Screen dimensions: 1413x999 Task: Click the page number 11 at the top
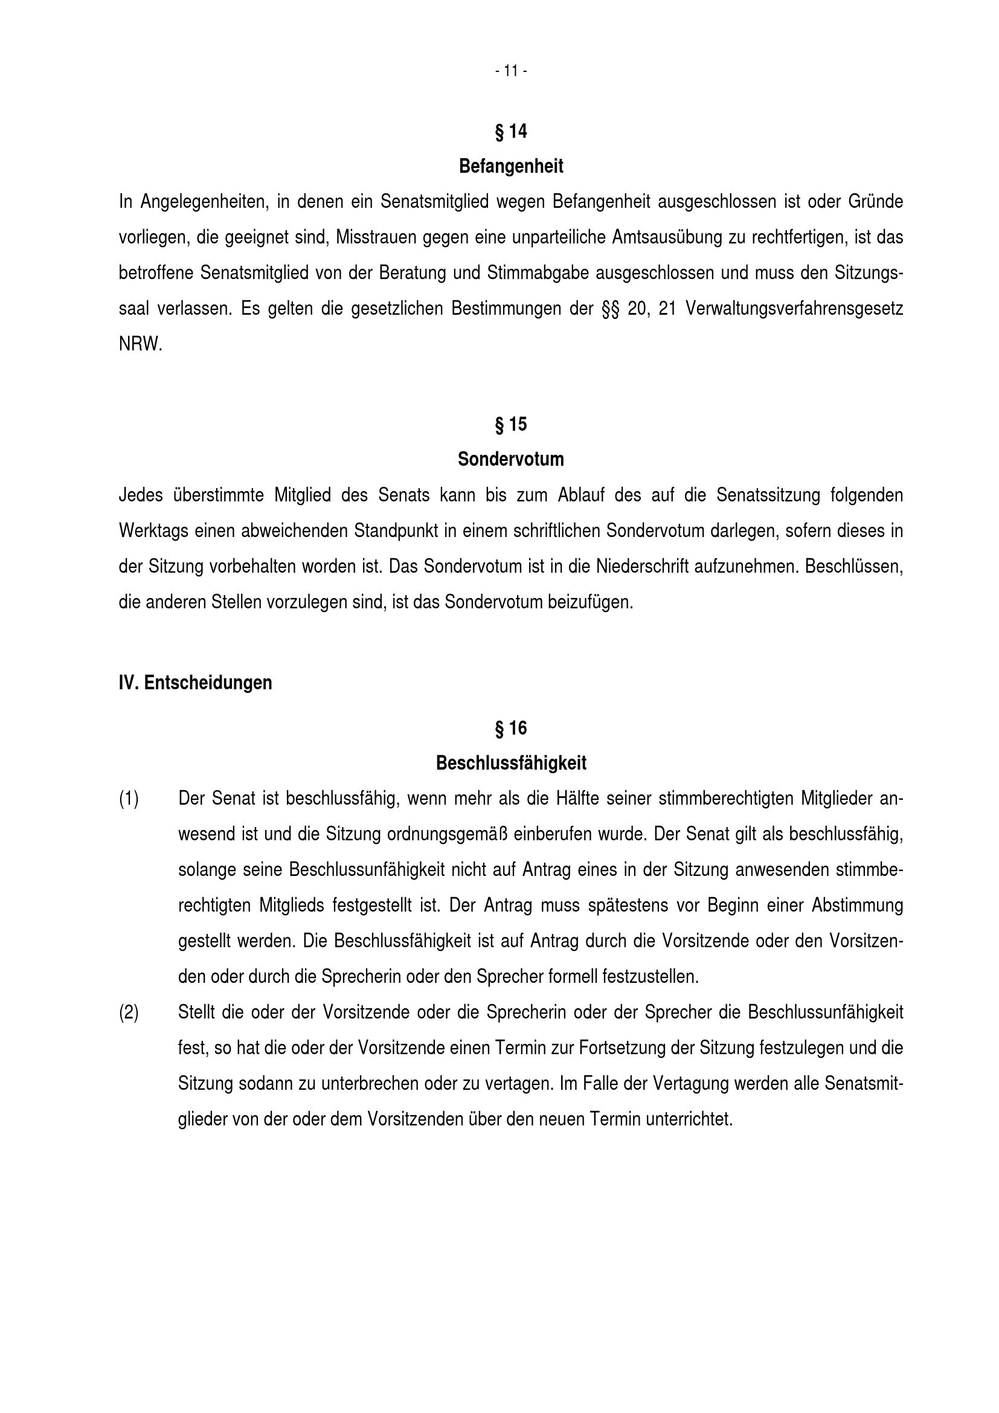(x=510, y=71)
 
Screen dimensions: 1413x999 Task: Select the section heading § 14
(x=510, y=131)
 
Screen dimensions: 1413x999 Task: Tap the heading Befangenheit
(x=510, y=166)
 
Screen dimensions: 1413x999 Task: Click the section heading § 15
(x=510, y=424)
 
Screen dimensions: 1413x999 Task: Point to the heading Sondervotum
(x=510, y=459)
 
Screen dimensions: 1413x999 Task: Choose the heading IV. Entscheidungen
(x=195, y=683)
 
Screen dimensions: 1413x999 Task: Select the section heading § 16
(x=510, y=728)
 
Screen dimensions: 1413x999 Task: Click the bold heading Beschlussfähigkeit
(x=510, y=763)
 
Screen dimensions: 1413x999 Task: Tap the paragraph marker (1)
(x=129, y=799)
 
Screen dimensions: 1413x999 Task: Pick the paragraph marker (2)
(x=129, y=1012)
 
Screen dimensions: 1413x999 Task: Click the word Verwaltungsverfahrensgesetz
(x=794, y=308)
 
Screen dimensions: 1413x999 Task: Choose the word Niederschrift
(x=641, y=566)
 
